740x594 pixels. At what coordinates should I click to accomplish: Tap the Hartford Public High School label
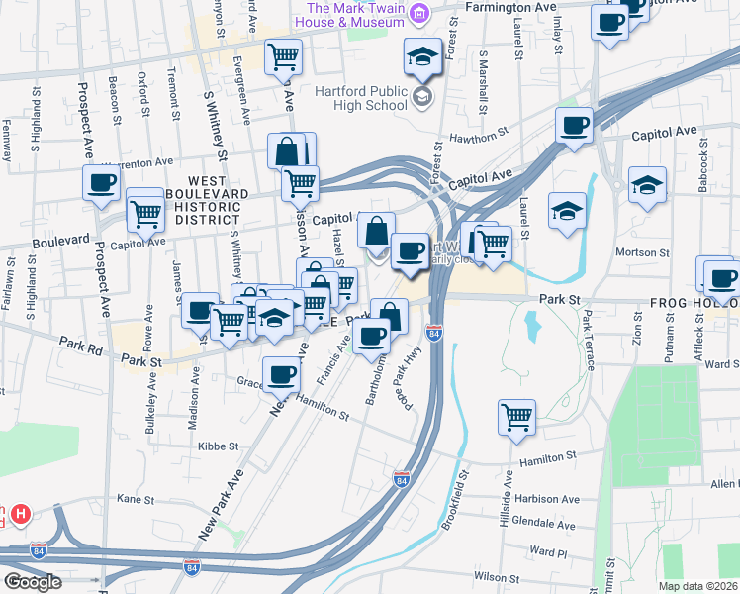point(361,97)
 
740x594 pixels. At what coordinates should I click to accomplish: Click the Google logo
point(32,582)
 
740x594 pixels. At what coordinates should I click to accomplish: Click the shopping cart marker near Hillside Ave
point(516,416)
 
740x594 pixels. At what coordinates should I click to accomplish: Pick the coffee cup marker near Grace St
point(283,375)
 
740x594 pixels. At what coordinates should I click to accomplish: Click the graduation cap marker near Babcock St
point(647,184)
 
